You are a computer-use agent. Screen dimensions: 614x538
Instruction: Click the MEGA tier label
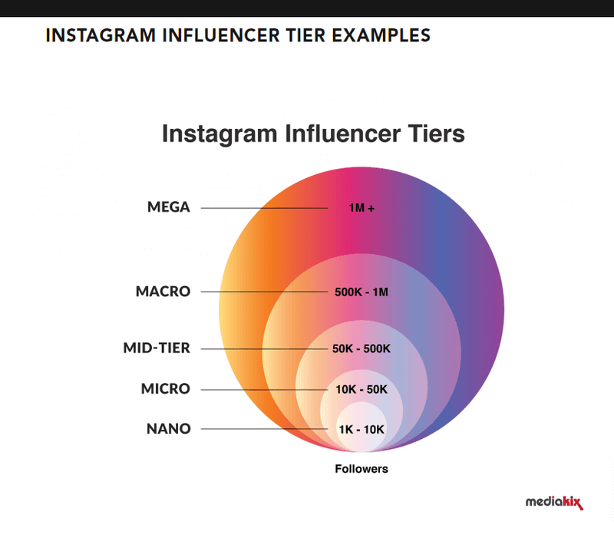tap(169, 206)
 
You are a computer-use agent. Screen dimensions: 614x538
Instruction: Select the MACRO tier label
tap(163, 292)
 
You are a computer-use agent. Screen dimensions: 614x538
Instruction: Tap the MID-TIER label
tap(157, 348)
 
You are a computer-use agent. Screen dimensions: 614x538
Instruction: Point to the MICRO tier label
tap(166, 388)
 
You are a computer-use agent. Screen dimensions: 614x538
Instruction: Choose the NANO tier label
tap(169, 429)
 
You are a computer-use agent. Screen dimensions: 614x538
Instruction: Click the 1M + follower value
tap(361, 208)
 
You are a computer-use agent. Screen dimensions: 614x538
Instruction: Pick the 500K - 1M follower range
tap(361, 292)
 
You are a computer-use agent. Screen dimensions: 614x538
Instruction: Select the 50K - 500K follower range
tap(361, 348)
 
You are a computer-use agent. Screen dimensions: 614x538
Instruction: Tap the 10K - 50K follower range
tap(361, 389)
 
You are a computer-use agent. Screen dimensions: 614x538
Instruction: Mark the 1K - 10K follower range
tap(361, 430)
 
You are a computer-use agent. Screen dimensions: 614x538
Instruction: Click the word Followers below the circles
tap(361, 469)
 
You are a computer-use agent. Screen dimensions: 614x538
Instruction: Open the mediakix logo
tap(554, 503)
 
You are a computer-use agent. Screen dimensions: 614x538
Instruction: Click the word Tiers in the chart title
tap(436, 134)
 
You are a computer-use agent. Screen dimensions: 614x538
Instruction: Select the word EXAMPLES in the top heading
tap(381, 35)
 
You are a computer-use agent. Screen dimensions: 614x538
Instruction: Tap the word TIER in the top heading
tap(305, 35)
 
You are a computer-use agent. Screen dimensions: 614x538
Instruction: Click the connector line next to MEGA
tap(264, 208)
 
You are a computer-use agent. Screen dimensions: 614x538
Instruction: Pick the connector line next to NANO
tap(264, 429)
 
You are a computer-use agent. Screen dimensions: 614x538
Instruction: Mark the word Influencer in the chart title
tap(342, 134)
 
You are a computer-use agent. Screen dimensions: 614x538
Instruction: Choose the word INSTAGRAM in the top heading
tap(101, 35)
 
